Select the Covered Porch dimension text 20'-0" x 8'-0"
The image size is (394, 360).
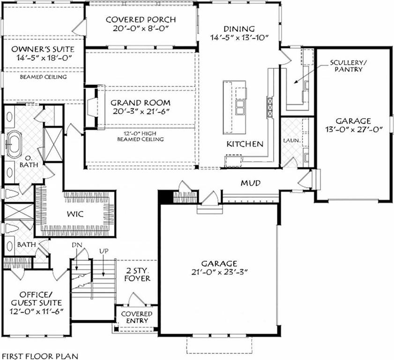click(141, 29)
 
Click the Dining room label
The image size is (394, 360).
click(239, 29)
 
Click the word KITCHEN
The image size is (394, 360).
click(245, 144)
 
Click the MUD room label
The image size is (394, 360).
click(251, 182)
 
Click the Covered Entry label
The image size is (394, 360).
click(137, 317)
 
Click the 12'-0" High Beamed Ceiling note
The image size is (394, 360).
click(141, 136)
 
